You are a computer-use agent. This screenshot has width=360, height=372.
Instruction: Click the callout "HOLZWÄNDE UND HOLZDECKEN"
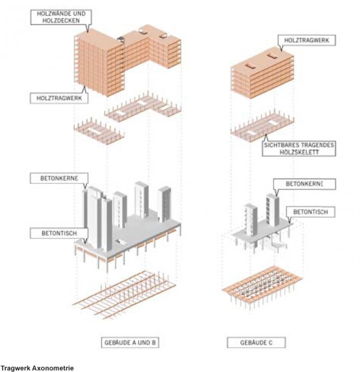pos(60,17)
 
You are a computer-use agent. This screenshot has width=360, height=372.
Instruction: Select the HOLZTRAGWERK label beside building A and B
pos(59,98)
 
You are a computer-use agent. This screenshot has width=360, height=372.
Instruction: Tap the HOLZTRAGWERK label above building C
pos(306,41)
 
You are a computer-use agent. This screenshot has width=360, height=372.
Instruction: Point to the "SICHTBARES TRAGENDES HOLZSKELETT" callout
pos(299,148)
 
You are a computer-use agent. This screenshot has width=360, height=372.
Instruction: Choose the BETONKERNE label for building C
pos(303,184)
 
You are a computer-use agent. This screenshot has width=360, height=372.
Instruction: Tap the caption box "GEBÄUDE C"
pos(256,342)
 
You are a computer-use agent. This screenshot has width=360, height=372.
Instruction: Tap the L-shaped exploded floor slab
pos(143,107)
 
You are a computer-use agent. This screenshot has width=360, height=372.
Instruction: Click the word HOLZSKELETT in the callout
pos(299,152)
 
